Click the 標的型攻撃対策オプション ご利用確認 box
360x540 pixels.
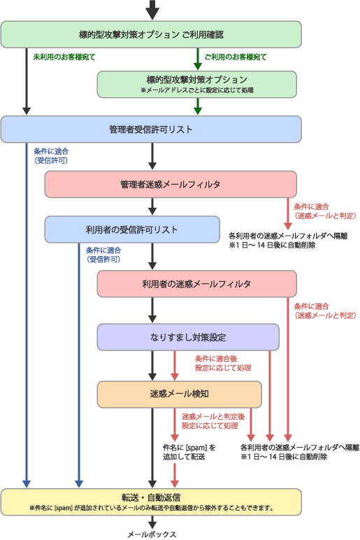(151, 34)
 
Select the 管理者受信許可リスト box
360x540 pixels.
(151, 129)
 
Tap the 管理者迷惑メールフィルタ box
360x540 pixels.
(171, 184)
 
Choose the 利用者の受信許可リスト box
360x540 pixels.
(132, 229)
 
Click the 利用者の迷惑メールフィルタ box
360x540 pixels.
(197, 284)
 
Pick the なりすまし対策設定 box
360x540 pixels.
(188, 337)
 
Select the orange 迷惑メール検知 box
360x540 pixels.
(180, 394)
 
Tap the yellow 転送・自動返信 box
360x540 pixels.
(151, 502)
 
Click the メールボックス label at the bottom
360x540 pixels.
(152, 534)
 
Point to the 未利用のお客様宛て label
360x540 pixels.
(64, 57)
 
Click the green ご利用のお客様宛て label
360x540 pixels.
(236, 57)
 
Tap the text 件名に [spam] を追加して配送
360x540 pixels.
(189, 452)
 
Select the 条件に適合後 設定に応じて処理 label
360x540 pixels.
(223, 363)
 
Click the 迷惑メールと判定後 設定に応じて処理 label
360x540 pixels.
(213, 421)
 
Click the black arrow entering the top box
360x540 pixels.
(152, 10)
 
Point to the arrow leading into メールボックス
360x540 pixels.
(152, 522)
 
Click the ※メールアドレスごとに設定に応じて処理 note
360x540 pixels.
(197, 90)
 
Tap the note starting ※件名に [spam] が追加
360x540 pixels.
(152, 508)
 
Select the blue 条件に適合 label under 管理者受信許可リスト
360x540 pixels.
(51, 156)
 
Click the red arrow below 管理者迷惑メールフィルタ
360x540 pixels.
(288, 213)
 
